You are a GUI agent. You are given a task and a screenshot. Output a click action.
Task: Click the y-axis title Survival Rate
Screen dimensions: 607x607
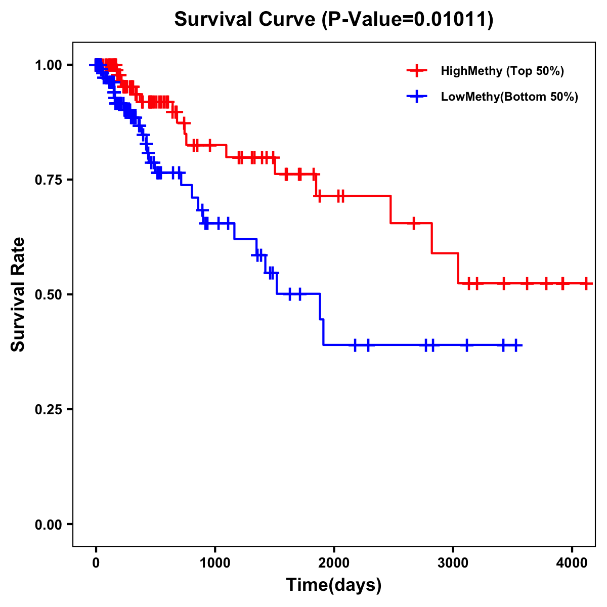tap(18, 294)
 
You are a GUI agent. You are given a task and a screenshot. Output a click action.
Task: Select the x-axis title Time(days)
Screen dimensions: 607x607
tap(334, 585)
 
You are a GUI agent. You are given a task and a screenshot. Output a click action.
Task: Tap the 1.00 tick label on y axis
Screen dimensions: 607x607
tap(48, 65)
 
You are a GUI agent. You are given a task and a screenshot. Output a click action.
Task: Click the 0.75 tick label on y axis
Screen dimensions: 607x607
tap(48, 180)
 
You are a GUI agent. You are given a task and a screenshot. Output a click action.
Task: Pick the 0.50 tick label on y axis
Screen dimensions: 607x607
tap(48, 294)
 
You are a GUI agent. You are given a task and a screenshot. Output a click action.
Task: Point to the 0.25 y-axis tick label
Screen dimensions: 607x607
tap(48, 409)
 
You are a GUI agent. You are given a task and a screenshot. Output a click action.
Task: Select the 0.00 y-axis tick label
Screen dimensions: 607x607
tap(48, 524)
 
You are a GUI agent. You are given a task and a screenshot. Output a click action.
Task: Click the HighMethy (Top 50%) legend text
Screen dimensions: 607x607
tap(502, 71)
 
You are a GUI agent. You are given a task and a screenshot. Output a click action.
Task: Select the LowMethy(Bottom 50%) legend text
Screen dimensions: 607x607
tap(509, 97)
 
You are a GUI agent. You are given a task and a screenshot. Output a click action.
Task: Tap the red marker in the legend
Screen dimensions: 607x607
tap(417, 71)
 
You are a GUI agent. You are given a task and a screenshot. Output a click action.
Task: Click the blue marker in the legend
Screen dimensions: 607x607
tap(417, 97)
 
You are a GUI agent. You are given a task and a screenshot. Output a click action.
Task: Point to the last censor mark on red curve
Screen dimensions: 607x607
tap(586, 283)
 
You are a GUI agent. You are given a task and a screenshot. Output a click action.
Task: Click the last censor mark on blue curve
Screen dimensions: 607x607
tap(515, 345)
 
